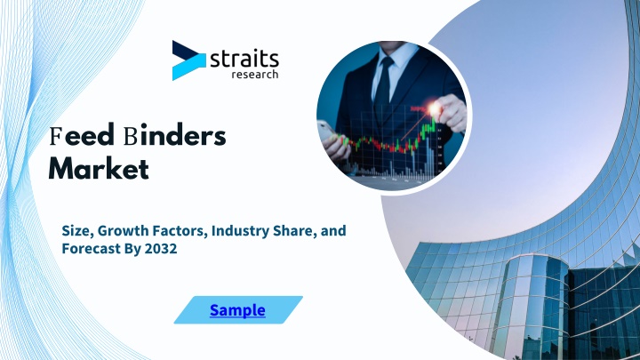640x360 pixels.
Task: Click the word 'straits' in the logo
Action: click(244, 60)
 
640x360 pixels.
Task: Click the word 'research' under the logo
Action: click(255, 75)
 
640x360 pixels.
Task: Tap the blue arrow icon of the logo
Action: click(188, 60)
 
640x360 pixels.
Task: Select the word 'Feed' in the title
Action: click(82, 136)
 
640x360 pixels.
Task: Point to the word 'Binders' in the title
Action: click(175, 135)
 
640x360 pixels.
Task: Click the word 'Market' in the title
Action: click(99, 169)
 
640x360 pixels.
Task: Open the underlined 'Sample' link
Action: click(237, 310)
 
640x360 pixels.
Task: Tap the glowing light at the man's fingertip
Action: click(435, 108)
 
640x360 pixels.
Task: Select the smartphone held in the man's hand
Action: click(324, 130)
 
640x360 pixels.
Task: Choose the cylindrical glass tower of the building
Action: click(530, 306)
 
